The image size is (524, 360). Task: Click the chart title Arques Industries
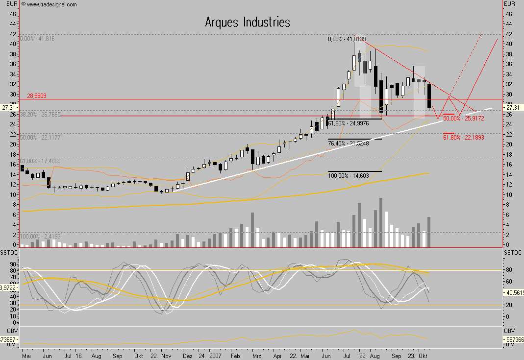(247, 23)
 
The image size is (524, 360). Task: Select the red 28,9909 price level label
(37, 96)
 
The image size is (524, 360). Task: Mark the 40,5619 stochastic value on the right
(514, 292)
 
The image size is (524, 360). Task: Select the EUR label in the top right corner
(510, 4)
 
